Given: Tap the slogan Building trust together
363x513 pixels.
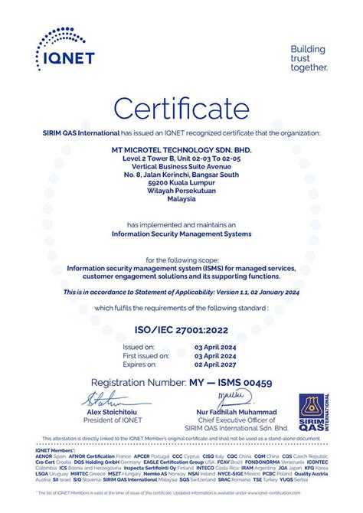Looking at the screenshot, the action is pos(309,58).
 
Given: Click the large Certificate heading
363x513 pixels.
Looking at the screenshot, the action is pos(181,106).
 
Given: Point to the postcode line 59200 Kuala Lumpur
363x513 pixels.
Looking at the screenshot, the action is pos(181,182).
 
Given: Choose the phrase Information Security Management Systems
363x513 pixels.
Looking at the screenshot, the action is pos(181,234).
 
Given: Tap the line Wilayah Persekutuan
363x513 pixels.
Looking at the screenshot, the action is pos(181,191).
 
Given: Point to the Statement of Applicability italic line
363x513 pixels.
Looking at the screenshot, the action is pos(181,292).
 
